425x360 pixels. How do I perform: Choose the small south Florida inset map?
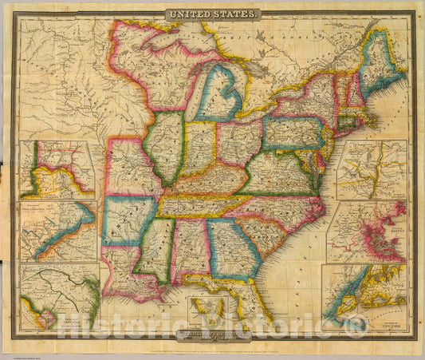(x=207, y=311)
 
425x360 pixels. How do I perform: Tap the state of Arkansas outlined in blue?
(x=127, y=219)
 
